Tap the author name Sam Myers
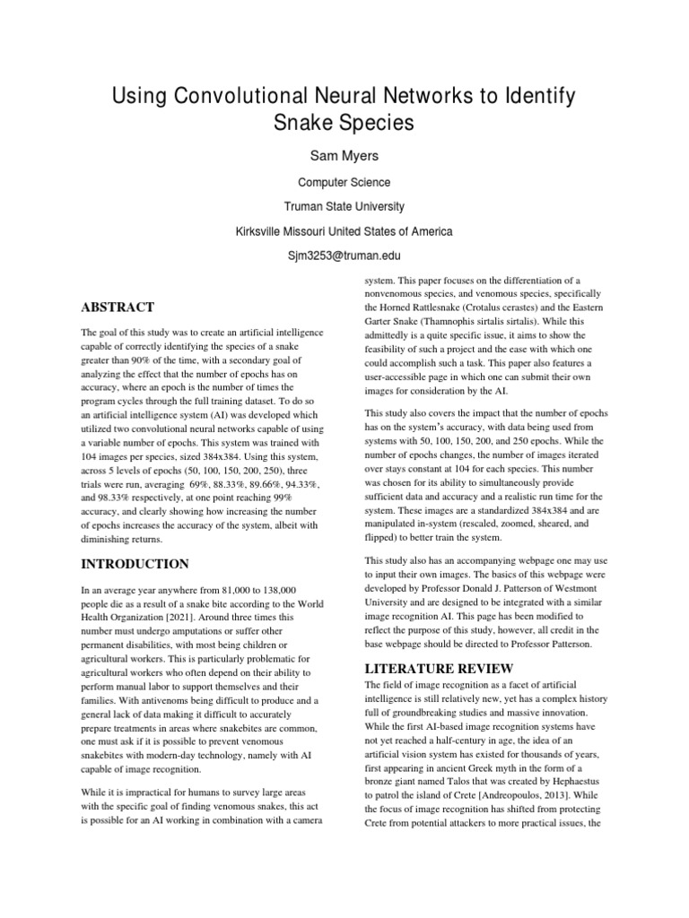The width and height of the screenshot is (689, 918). click(x=344, y=155)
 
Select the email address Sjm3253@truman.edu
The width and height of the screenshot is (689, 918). click(x=344, y=255)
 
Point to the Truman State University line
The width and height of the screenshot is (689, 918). click(x=344, y=206)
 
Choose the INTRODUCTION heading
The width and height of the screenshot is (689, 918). click(x=135, y=564)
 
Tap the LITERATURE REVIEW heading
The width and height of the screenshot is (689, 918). click(x=439, y=669)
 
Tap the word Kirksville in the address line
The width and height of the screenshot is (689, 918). click(x=260, y=231)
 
